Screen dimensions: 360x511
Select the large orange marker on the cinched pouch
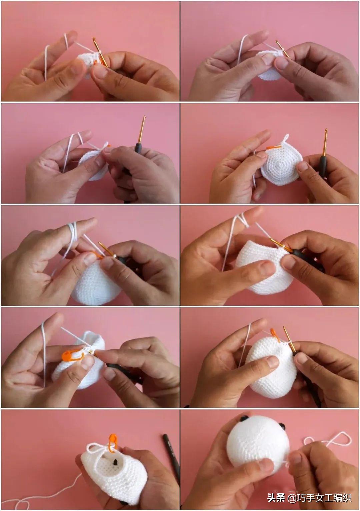click(73, 356)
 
